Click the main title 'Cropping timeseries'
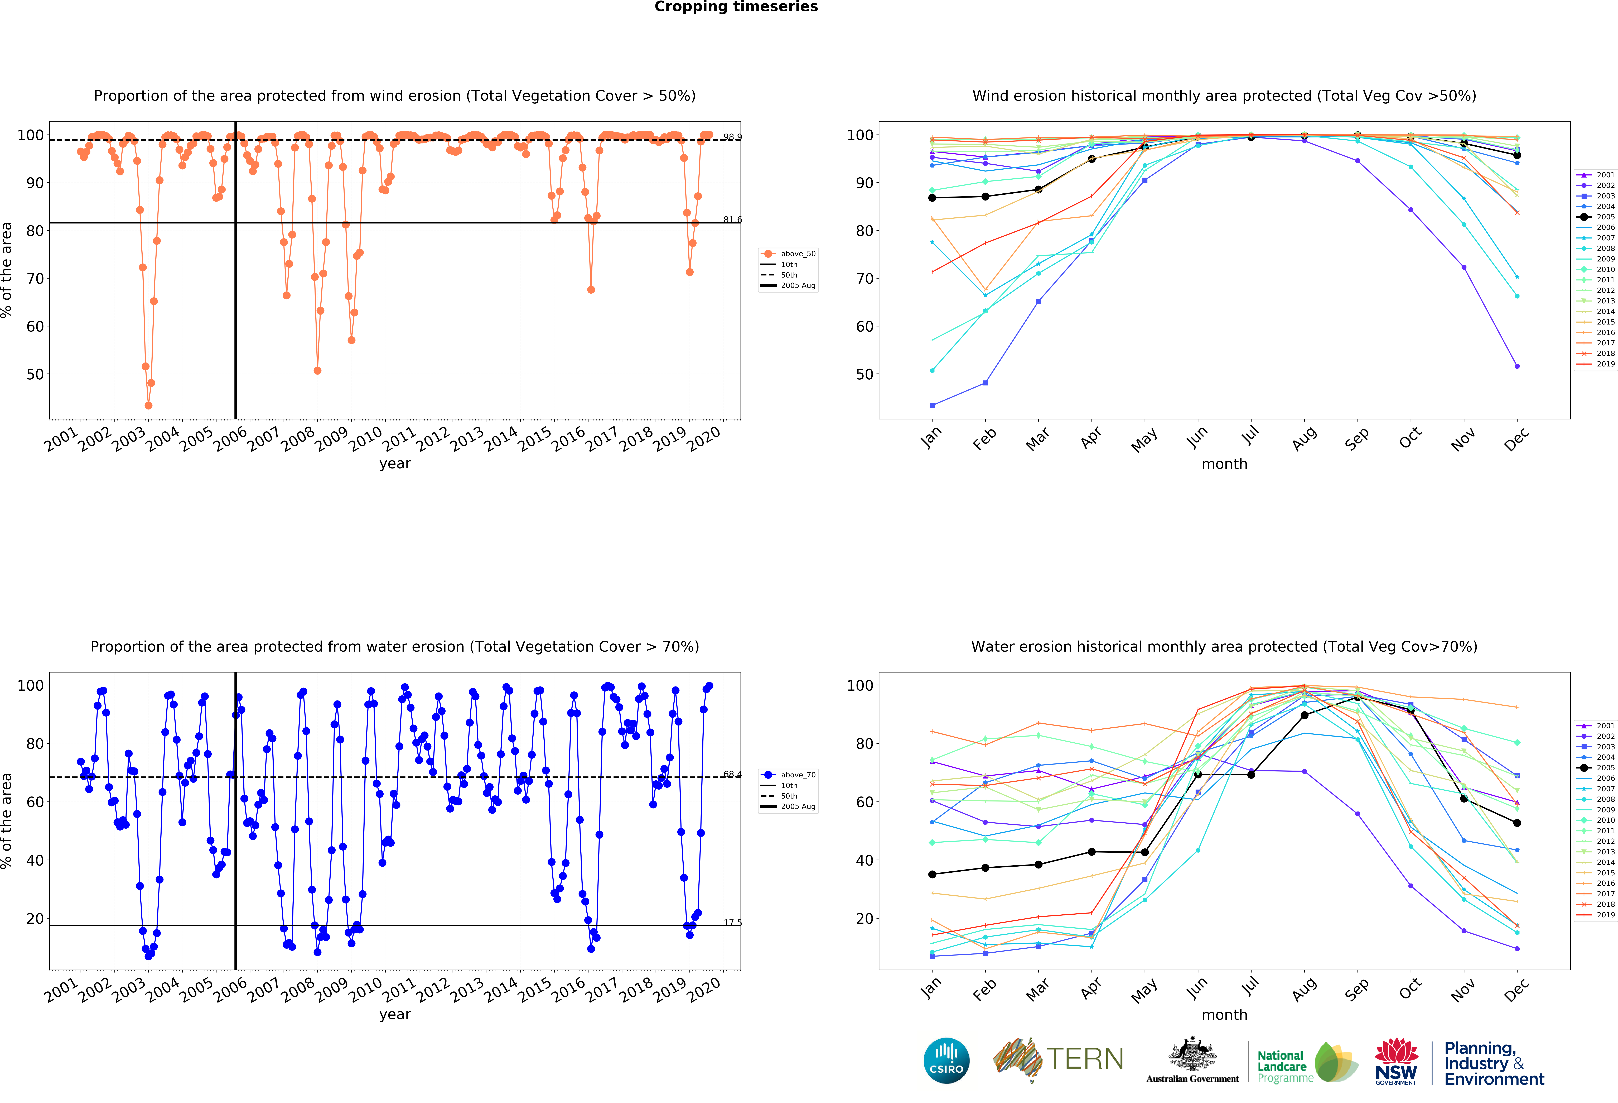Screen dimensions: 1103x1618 (736, 7)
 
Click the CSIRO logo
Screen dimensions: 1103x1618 (946, 1061)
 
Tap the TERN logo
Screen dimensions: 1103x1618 (1058, 1059)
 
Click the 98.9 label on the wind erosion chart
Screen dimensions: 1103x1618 (732, 137)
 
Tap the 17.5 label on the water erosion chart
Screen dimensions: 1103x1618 (732, 923)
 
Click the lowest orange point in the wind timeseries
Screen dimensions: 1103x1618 (148, 405)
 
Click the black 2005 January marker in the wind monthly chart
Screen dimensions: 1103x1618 (932, 198)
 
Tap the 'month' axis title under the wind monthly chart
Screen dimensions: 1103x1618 (1224, 464)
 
